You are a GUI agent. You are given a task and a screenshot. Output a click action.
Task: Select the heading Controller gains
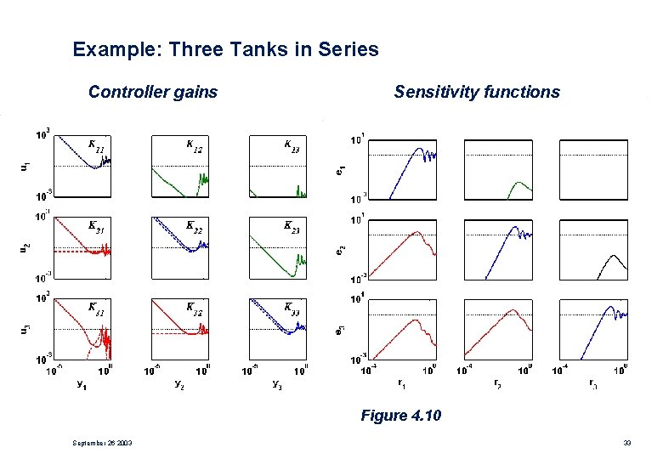(x=153, y=92)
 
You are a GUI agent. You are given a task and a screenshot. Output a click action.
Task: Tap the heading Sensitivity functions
(x=477, y=92)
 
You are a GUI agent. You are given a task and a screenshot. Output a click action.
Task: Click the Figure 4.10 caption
(x=401, y=416)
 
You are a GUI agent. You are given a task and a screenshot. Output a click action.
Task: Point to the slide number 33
(x=626, y=443)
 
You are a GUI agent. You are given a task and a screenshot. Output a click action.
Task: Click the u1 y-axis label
(x=23, y=165)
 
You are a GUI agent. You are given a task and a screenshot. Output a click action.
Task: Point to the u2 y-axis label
(x=23, y=247)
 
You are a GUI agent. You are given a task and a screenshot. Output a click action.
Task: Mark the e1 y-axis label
(x=340, y=169)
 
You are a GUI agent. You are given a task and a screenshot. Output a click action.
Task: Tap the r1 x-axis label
(x=401, y=383)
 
